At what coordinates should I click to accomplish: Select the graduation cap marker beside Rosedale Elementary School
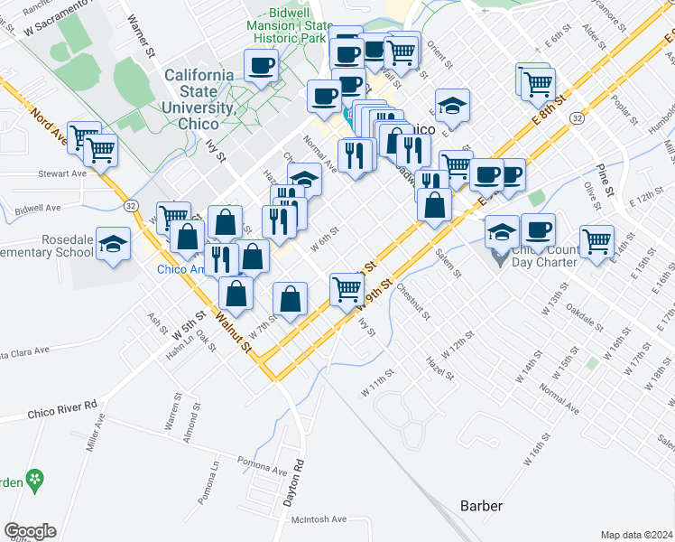113,245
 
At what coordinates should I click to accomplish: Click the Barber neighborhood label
481,506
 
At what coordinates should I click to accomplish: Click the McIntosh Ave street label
319,519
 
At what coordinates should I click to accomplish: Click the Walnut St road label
232,330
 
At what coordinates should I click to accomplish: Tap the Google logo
30,530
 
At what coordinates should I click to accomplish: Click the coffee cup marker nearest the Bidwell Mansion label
262,65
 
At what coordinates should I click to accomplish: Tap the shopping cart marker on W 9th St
347,289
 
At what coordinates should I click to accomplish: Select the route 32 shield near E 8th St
577,118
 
